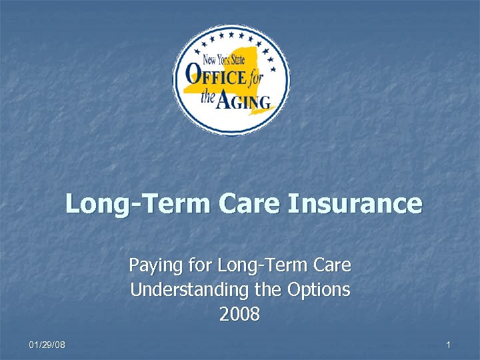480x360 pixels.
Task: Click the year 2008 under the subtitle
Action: click(239, 314)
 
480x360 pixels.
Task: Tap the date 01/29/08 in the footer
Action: click(47, 345)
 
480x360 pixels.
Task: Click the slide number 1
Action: click(449, 345)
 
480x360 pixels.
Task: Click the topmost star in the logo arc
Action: click(231, 31)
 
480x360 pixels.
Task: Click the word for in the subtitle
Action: click(199, 266)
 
